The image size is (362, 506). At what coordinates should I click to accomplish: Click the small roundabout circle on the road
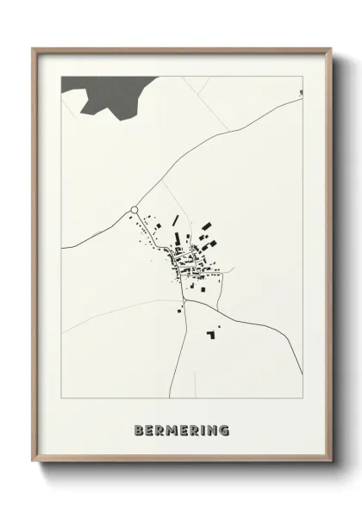pyautogui.click(x=134, y=209)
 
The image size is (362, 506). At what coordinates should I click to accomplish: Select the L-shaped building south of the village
pyautogui.click(x=210, y=333)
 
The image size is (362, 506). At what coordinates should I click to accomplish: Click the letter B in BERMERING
pyautogui.click(x=139, y=429)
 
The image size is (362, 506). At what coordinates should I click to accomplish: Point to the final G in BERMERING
pyautogui.click(x=225, y=429)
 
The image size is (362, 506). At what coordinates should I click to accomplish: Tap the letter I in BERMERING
pyautogui.click(x=203, y=429)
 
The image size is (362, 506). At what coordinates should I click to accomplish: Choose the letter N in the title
pyautogui.click(x=213, y=429)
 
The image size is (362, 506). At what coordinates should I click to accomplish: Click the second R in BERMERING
pyautogui.click(x=193, y=429)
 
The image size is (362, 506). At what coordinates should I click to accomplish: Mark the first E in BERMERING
pyautogui.click(x=149, y=429)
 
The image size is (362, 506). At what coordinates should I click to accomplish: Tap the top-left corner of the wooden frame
pyautogui.click(x=33, y=49)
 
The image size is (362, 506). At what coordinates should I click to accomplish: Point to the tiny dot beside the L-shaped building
pyautogui.click(x=218, y=327)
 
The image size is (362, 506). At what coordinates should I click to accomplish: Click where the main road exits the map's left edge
pyautogui.click(x=62, y=247)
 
